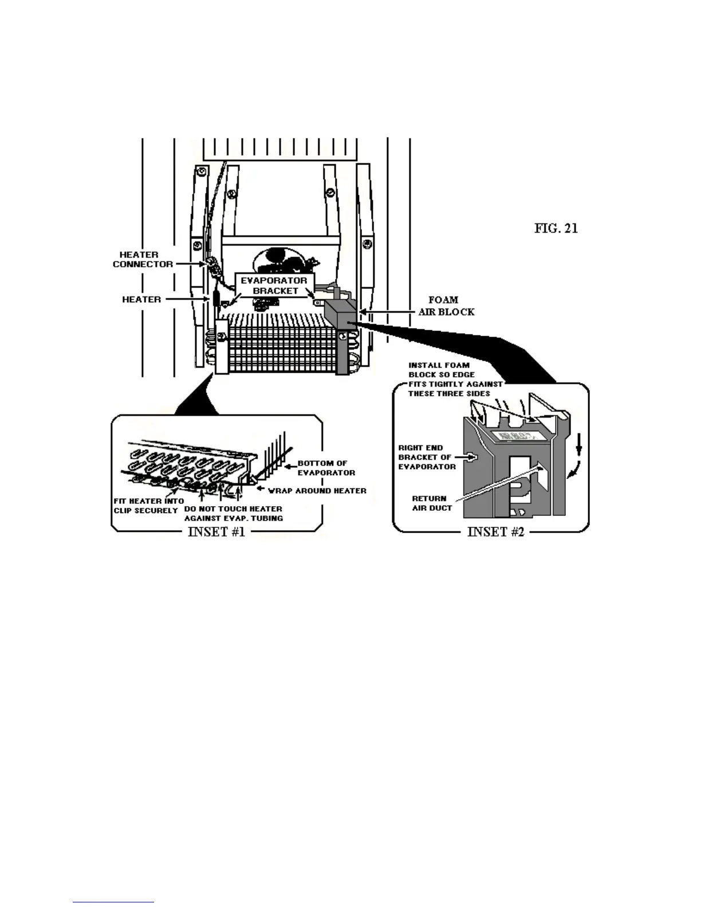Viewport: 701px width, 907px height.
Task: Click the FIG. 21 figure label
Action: pos(556,228)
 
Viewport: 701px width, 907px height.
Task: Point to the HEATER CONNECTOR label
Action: pos(142,259)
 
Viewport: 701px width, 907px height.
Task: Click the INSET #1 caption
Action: pos(216,531)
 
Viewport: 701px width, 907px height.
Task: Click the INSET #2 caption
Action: pos(495,531)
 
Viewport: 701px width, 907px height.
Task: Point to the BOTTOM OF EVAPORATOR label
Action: pos(326,468)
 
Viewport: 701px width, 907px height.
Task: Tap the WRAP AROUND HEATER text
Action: pos(317,491)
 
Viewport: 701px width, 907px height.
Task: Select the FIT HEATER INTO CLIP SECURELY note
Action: pos(148,506)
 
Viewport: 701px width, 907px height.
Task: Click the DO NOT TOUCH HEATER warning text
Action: pos(233,513)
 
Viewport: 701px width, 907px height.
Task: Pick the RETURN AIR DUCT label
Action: pos(431,503)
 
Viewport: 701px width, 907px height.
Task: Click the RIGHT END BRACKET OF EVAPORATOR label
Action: pos(427,457)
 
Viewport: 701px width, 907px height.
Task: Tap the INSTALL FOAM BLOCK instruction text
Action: pos(455,379)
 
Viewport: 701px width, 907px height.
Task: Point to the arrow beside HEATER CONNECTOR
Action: pos(189,264)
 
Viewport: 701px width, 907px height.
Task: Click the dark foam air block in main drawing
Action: pos(340,314)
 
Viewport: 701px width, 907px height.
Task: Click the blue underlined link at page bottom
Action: pos(113,902)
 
